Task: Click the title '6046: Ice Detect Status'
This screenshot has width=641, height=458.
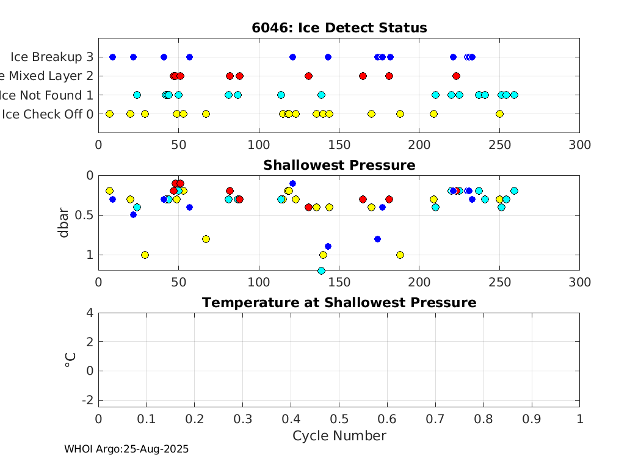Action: (339, 28)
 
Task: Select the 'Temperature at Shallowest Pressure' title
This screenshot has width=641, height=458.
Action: (339, 303)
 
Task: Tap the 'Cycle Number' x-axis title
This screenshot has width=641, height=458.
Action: (339, 435)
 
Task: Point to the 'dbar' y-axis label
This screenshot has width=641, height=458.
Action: (63, 222)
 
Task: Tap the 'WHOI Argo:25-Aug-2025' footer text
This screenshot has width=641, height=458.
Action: (126, 449)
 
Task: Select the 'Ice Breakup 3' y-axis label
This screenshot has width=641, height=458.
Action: (52, 57)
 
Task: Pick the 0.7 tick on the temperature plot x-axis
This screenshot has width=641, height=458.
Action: (435, 419)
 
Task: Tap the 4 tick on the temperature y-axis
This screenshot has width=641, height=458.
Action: (90, 313)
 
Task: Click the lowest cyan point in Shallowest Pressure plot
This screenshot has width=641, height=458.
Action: (321, 271)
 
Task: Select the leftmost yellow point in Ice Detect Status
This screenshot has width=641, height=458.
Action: (110, 114)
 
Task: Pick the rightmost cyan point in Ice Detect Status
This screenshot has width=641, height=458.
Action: (514, 95)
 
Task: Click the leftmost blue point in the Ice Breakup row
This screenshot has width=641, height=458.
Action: (112, 57)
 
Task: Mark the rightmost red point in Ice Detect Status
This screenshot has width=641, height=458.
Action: (456, 76)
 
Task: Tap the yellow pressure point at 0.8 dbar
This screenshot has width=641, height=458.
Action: (206, 239)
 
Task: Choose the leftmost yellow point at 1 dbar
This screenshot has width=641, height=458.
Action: (145, 255)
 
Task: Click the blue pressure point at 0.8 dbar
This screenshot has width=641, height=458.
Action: (377, 239)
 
